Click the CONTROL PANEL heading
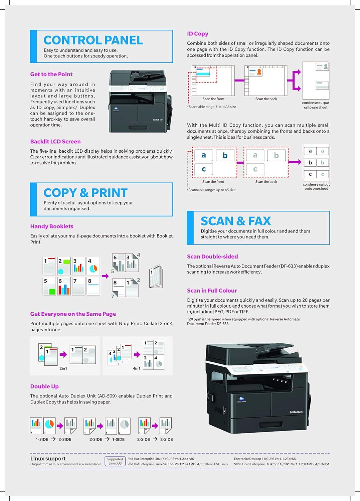93,40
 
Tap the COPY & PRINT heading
85,193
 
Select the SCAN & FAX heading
236,221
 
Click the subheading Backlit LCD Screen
55,142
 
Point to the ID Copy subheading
198,34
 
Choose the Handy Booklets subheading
52,226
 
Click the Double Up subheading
44,386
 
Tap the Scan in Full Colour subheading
212,291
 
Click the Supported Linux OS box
115,461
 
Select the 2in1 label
63,368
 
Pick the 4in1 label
136,368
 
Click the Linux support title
48,459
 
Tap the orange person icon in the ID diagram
259,72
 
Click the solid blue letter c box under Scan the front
204,169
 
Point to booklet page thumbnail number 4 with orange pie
93,266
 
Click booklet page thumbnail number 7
78,286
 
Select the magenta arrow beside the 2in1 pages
63,354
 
